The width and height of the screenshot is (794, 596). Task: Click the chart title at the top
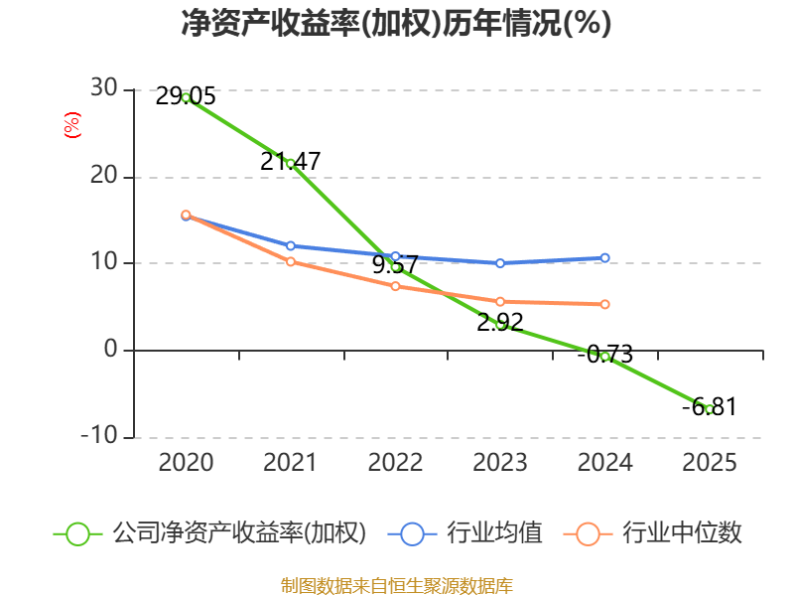click(x=396, y=23)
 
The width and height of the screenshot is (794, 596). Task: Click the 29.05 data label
click(x=186, y=96)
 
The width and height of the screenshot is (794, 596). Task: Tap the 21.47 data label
click(x=290, y=161)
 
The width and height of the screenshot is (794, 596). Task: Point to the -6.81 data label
click(x=710, y=407)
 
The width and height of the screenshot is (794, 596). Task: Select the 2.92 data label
click(x=500, y=322)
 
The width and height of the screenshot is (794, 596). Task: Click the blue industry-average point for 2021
click(x=291, y=245)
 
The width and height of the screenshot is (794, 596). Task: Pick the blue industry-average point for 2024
click(x=604, y=258)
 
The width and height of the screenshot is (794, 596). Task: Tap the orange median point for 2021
click(x=291, y=261)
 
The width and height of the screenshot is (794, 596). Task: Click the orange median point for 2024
click(x=604, y=304)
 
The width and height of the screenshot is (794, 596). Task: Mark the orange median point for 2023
click(x=500, y=302)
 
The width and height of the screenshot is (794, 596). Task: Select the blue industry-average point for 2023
click(x=500, y=263)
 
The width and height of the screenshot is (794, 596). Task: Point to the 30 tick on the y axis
click(x=104, y=87)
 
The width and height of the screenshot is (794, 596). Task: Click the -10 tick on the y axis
click(x=99, y=435)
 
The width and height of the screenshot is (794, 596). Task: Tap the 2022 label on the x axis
click(x=395, y=462)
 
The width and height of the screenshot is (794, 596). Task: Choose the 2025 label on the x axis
click(x=710, y=462)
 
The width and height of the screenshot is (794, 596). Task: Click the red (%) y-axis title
click(x=71, y=125)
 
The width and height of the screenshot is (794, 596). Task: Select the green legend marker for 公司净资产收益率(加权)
click(x=77, y=534)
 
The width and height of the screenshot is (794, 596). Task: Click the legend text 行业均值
click(x=494, y=533)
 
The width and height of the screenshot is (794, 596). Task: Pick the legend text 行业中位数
click(x=682, y=533)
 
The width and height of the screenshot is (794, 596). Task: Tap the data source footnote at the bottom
click(x=396, y=586)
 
